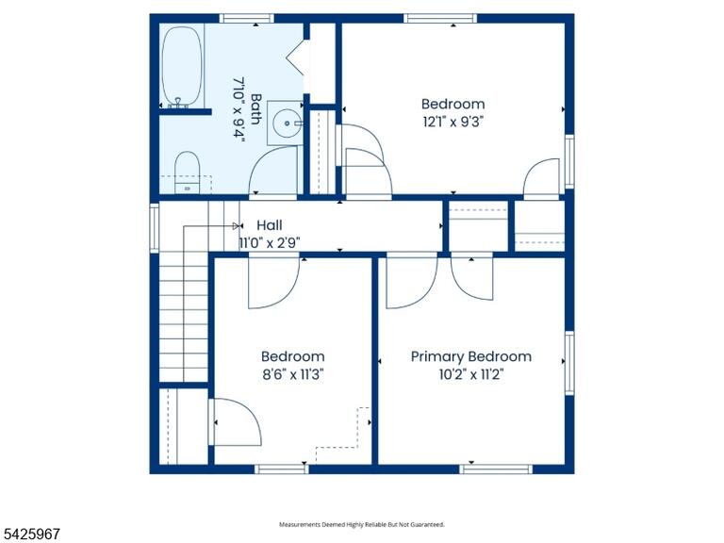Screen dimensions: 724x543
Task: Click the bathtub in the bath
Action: point(182,67)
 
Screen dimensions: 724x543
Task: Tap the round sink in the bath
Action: point(288,123)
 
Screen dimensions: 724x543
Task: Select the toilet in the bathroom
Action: point(187,173)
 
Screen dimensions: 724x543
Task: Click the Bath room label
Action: point(255,109)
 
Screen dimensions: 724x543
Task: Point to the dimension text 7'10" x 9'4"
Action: point(239,109)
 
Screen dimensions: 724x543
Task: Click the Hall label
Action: point(270,225)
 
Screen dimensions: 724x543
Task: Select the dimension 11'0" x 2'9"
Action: point(270,243)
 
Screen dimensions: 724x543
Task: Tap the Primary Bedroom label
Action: point(471,356)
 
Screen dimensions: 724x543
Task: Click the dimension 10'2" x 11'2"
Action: point(471,374)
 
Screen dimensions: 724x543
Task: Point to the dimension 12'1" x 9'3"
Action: point(452,122)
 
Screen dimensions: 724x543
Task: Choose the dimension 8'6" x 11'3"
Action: point(293,374)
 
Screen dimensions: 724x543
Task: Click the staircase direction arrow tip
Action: point(241,226)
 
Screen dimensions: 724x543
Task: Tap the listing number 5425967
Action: point(30,535)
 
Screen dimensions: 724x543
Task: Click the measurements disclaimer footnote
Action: point(362,524)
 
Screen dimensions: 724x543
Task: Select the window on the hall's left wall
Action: point(155,228)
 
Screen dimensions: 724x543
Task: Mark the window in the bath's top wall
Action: point(246,19)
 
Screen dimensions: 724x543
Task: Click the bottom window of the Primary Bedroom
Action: point(496,469)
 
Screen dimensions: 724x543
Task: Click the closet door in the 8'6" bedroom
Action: point(236,422)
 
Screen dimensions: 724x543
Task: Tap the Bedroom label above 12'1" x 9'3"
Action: point(452,104)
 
